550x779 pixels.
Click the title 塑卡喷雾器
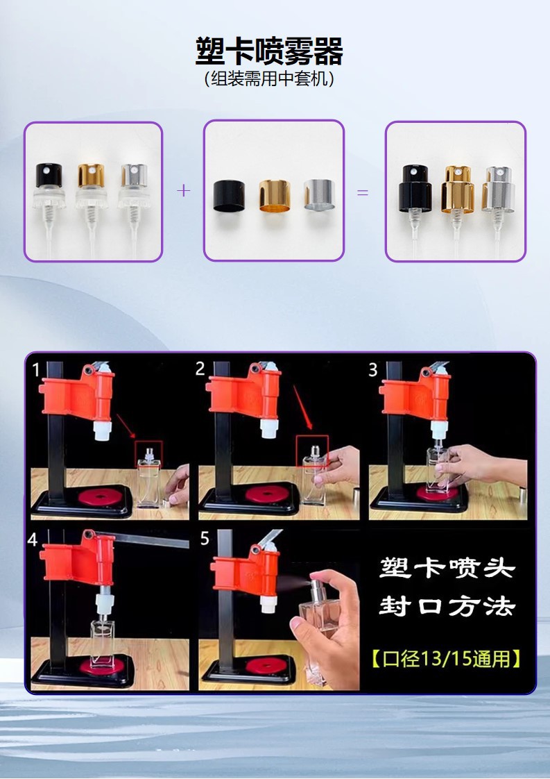point(269,51)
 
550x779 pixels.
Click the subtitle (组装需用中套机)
point(269,78)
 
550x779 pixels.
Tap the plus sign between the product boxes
point(184,190)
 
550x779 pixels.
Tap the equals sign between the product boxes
point(363,192)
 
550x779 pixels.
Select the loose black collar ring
point(229,196)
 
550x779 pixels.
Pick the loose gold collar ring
point(275,195)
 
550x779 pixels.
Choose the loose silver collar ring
point(319,194)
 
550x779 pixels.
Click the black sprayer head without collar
point(49,209)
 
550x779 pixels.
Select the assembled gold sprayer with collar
point(457,209)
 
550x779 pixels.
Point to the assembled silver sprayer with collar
point(498,209)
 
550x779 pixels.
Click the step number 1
point(36,369)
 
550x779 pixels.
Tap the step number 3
point(373,369)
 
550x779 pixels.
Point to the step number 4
point(33,539)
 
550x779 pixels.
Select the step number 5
point(205,539)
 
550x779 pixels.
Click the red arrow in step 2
point(302,408)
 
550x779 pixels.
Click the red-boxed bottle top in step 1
point(149,453)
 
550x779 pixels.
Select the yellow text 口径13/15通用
point(446,659)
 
